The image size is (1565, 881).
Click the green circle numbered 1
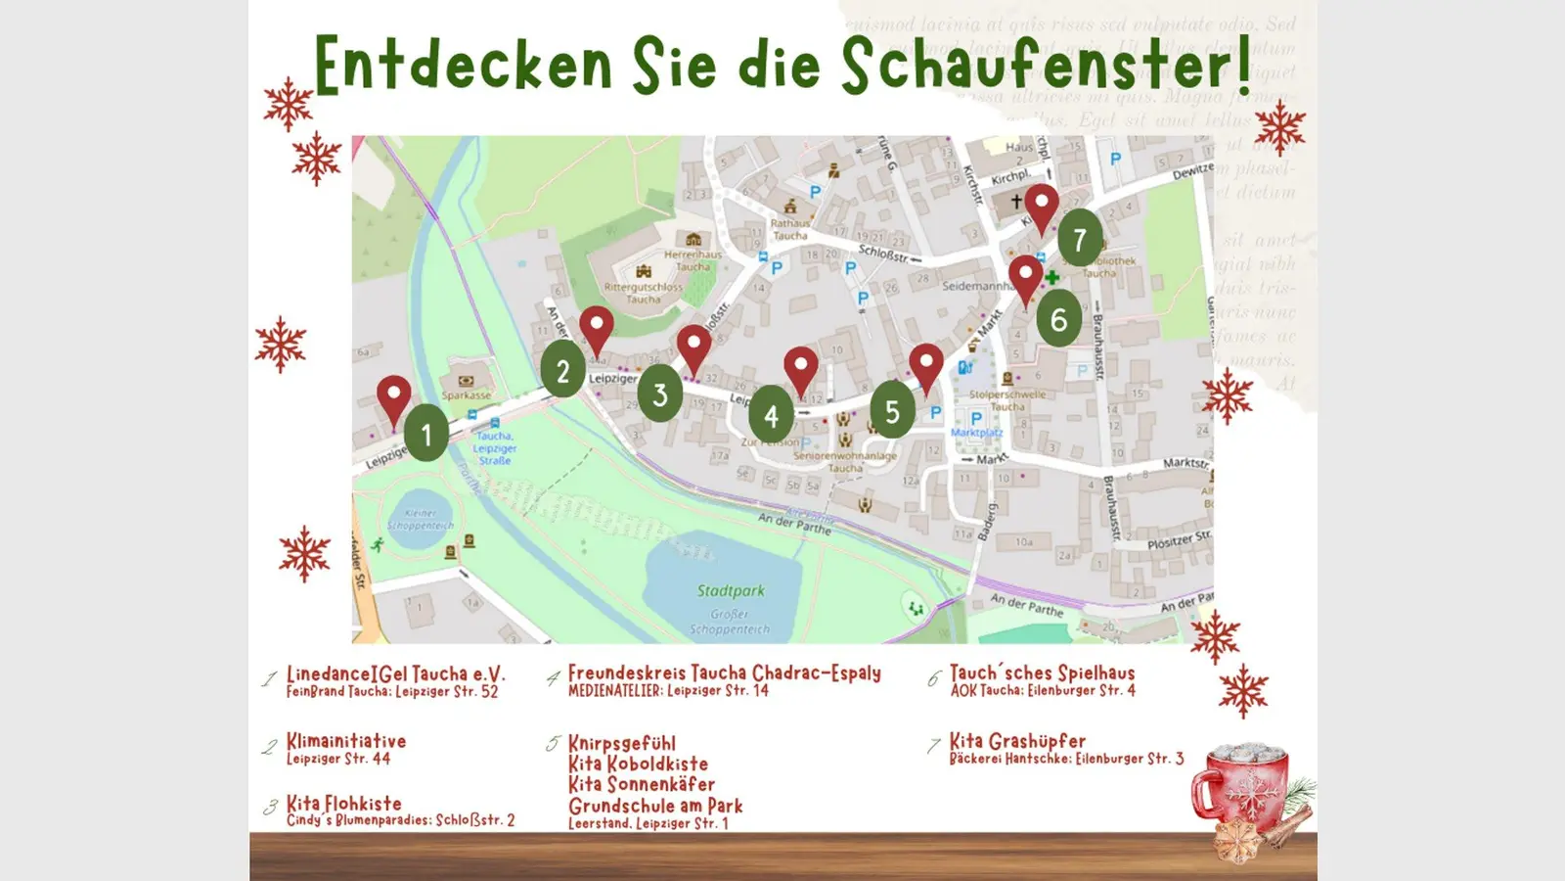(425, 433)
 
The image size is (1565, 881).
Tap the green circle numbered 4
(771, 415)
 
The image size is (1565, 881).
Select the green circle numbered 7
(1079, 239)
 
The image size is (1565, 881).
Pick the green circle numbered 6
(1058, 318)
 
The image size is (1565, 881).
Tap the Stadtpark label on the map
(731, 590)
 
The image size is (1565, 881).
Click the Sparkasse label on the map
(466, 395)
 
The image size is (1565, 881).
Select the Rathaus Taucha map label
(790, 229)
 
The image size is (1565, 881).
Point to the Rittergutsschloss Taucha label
(643, 293)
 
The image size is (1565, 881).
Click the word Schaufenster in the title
(1046, 67)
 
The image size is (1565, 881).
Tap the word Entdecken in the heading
(463, 67)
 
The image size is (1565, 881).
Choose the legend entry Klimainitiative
(345, 741)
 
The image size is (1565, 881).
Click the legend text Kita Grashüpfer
(1017, 741)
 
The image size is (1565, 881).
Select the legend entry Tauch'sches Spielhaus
(1042, 673)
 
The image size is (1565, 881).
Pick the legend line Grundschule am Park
(655, 806)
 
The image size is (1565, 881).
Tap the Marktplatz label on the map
(976, 432)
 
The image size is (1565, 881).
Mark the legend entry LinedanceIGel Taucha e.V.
(395, 674)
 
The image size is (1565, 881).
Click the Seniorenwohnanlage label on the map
(845, 456)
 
